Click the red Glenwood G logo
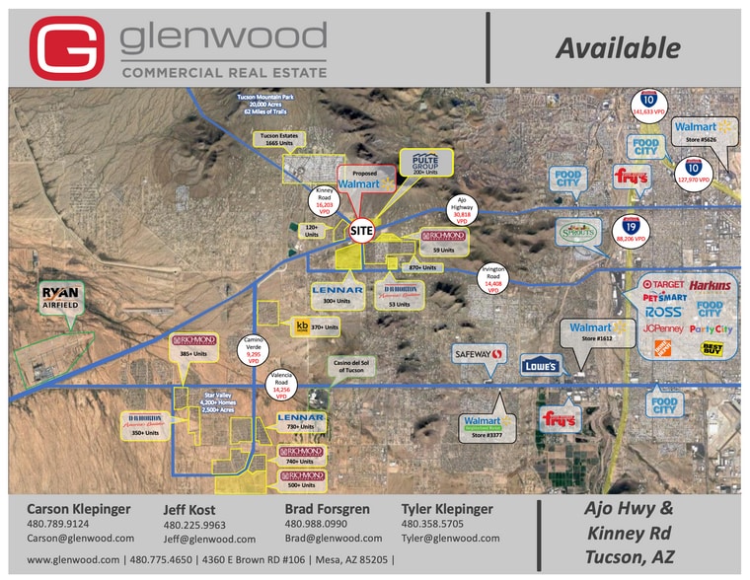tap(66, 48)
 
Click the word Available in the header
tap(617, 47)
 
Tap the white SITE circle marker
tap(363, 229)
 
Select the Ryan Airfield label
tap(60, 296)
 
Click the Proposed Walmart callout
tap(365, 179)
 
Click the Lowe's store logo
tap(541, 365)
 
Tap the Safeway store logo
tap(478, 353)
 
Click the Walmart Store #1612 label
tap(591, 332)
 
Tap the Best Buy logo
tap(711, 347)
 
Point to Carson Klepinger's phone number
tap(58, 524)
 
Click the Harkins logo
tap(711, 285)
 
